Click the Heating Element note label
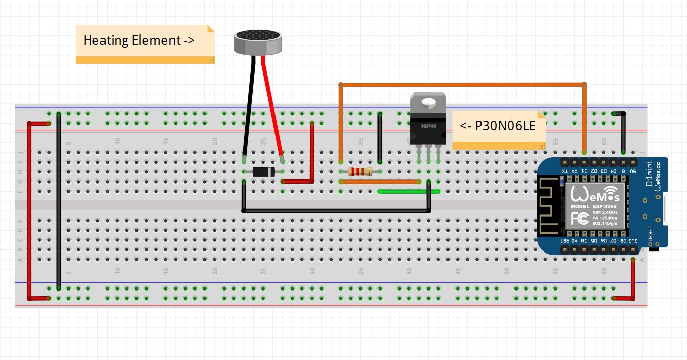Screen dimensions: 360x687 point(138,40)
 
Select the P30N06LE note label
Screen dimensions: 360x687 point(497,126)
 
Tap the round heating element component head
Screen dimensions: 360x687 point(258,42)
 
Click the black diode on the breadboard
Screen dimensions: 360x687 point(263,172)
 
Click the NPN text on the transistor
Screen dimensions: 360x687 point(428,126)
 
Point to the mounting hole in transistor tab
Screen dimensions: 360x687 point(428,103)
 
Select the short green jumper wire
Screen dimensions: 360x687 point(408,191)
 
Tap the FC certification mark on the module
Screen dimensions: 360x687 point(580,219)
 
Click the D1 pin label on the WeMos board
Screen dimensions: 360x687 point(585,171)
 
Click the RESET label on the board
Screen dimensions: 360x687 point(651,234)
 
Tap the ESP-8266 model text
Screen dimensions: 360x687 point(603,207)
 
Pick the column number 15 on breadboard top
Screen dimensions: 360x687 point(166,141)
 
